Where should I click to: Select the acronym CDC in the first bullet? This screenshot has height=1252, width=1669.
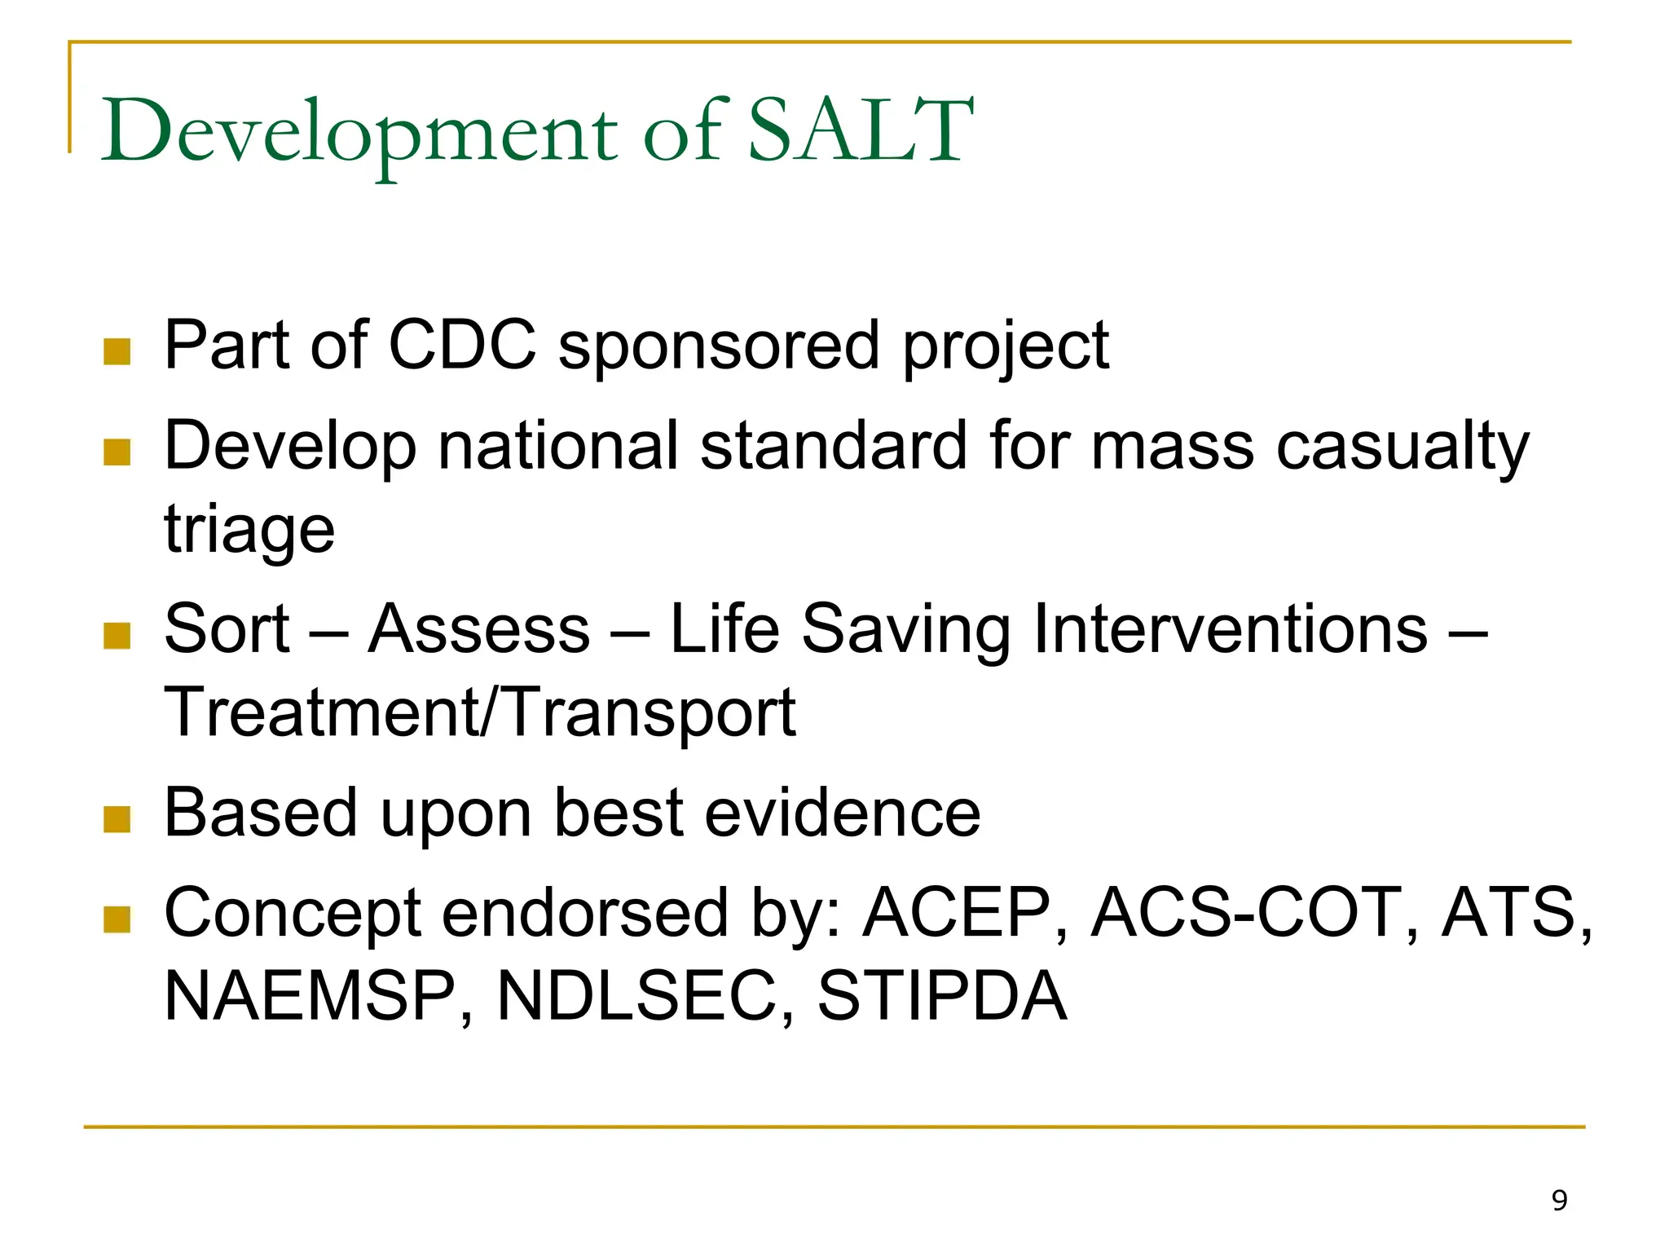pos(462,345)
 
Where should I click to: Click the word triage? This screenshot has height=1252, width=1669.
pos(249,530)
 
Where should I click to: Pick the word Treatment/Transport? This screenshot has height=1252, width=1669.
pos(480,712)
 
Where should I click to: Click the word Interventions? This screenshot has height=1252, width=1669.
pos(1231,629)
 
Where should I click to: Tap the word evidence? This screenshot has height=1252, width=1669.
pos(843,813)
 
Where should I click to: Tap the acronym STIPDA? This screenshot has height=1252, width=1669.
pos(942,996)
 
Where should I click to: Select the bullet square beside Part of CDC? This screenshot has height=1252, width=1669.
pos(117,352)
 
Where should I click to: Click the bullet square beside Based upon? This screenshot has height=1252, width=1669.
pos(117,819)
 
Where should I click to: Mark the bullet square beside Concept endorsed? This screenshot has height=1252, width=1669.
pos(117,919)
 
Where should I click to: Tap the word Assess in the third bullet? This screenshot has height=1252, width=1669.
pos(479,629)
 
